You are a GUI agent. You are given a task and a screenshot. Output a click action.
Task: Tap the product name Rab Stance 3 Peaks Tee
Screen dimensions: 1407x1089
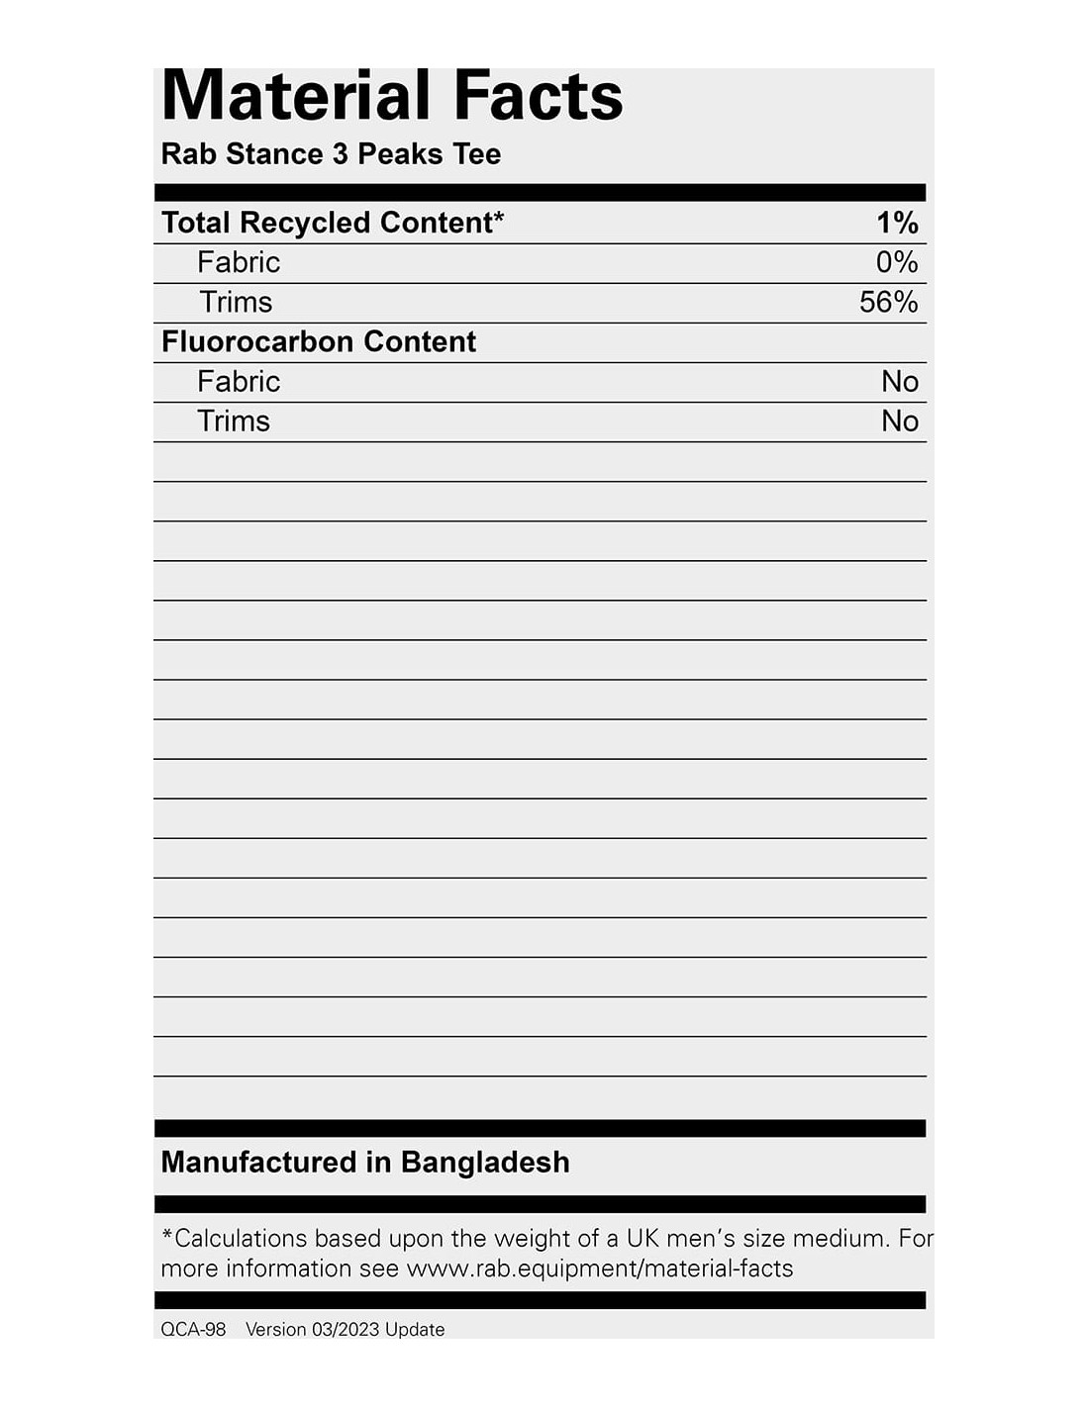pos(331,154)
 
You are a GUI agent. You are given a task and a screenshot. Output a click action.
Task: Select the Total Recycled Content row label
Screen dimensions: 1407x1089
pos(327,223)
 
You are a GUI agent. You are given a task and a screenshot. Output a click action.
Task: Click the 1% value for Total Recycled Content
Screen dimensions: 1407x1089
pos(897,223)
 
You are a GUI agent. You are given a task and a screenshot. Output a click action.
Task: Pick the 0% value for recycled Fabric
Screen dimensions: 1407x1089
pos(897,262)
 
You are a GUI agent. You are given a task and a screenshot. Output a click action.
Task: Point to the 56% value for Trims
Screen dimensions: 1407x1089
pos(888,302)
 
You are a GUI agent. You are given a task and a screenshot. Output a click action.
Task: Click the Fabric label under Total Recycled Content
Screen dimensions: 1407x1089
pos(239,262)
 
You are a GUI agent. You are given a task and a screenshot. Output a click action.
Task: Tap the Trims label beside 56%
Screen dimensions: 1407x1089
pos(236,302)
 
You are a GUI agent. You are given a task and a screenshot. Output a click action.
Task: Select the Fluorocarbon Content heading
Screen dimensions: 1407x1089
pos(318,341)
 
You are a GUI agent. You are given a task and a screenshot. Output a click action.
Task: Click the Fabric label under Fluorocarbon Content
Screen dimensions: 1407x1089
pos(239,381)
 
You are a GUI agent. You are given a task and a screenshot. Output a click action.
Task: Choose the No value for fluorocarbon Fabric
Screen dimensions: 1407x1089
pos(900,381)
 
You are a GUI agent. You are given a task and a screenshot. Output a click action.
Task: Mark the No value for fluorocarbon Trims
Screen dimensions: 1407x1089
pos(900,421)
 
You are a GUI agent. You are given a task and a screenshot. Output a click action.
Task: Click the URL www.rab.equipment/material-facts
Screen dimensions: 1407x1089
pos(600,1268)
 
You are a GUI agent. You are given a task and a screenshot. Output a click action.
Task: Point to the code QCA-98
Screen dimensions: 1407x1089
pos(193,1330)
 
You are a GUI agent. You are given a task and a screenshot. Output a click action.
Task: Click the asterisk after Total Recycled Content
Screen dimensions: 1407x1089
pos(499,216)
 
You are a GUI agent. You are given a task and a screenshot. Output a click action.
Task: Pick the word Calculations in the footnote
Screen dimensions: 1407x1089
pos(241,1239)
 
